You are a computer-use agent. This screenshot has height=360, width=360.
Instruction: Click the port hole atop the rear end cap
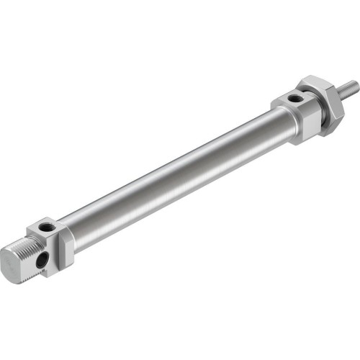45,228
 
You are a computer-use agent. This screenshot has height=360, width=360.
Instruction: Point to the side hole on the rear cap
45,256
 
